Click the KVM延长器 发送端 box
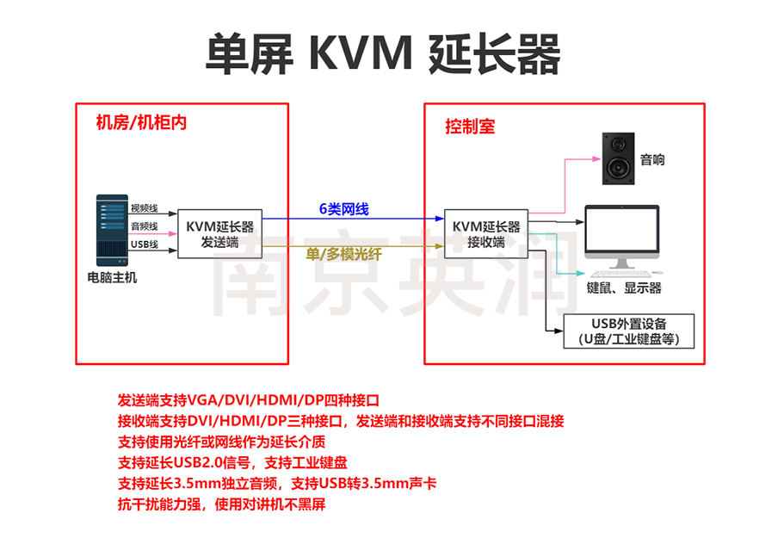pos(219,235)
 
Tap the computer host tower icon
pos(110,229)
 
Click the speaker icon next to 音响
pos(618,159)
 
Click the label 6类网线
pos(343,209)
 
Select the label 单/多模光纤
pos(343,255)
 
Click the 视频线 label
pos(144,208)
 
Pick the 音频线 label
pos(144,226)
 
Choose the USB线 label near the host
pos(144,244)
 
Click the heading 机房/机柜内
pos(141,122)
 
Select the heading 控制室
pos(470,127)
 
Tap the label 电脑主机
pos(112,278)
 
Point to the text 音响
pos(652,160)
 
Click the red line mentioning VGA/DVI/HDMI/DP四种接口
pos(249,401)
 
